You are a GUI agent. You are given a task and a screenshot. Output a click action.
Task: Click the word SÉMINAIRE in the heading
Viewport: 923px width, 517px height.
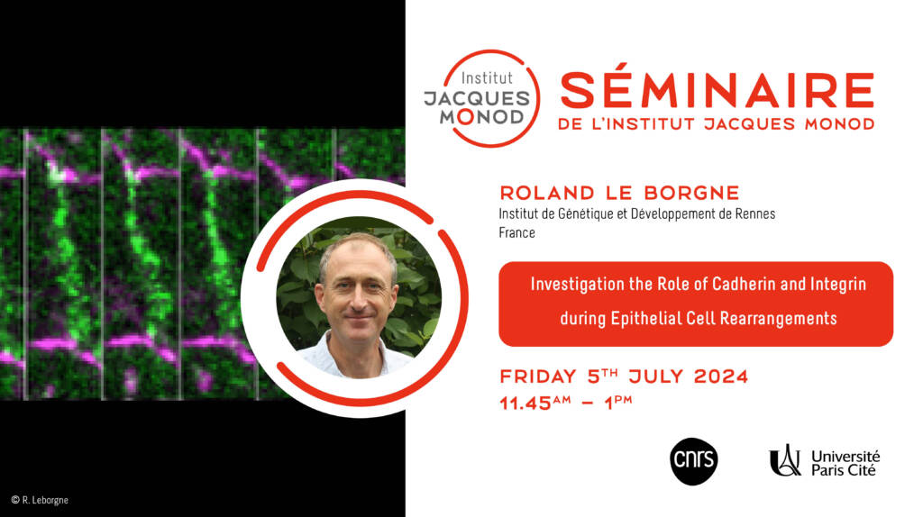pos(717,90)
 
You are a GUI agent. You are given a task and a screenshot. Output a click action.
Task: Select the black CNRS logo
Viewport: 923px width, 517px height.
pos(693,461)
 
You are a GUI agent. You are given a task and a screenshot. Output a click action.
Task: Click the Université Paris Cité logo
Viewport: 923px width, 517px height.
pos(824,461)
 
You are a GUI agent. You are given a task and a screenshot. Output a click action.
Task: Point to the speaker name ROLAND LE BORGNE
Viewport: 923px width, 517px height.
pos(619,193)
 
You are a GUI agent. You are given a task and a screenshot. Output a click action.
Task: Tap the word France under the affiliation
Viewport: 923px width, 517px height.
pos(516,233)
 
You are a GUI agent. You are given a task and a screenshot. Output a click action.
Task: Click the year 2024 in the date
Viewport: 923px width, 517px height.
pos(721,376)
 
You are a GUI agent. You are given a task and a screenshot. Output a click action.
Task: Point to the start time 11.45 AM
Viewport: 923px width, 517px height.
pos(535,403)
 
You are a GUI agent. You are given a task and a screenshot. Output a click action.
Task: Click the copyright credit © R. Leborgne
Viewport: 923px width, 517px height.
pos(40,500)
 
